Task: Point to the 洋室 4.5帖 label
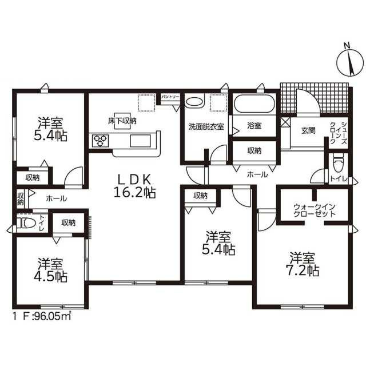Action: (x=50, y=270)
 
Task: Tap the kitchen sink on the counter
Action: (x=140, y=141)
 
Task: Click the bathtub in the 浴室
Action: (x=254, y=104)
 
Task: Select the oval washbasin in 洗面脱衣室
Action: (x=194, y=102)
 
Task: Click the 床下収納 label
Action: (x=122, y=121)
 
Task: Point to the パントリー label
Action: (x=170, y=96)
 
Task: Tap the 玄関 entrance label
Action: (x=308, y=131)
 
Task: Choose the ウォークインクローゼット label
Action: (x=314, y=210)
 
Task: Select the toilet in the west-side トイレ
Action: (x=26, y=223)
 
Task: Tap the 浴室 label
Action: (x=254, y=126)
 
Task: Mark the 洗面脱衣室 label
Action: (x=206, y=127)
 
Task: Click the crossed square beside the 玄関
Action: (x=285, y=122)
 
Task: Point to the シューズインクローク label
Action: (x=339, y=133)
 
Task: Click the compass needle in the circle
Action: (x=350, y=63)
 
